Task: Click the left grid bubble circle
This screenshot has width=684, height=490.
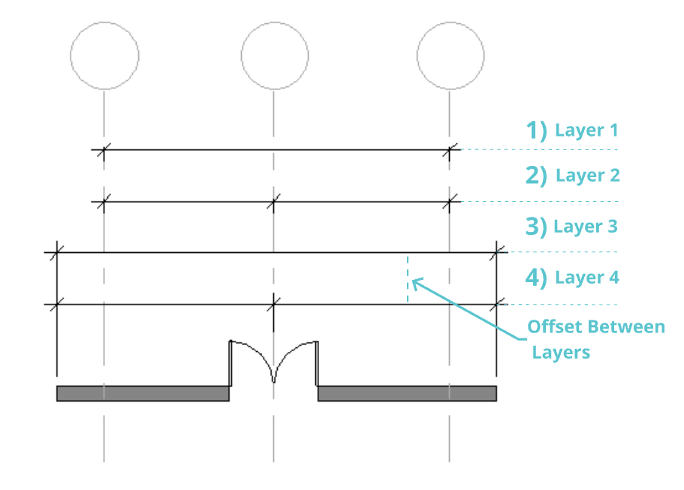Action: pyautogui.click(x=104, y=56)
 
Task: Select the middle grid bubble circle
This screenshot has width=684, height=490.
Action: pyautogui.click(x=274, y=56)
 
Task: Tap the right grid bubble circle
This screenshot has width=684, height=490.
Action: pyautogui.click(x=450, y=56)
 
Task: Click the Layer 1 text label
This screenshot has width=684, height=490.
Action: pyautogui.click(x=586, y=131)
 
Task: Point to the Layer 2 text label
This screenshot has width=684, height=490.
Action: pyautogui.click(x=587, y=176)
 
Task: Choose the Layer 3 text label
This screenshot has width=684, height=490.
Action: pyautogui.click(x=585, y=226)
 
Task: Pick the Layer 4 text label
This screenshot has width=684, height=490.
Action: pyautogui.click(x=586, y=278)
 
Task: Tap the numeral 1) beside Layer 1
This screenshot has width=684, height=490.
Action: pyautogui.click(x=536, y=131)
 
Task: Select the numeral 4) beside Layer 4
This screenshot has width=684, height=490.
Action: pyautogui.click(x=536, y=278)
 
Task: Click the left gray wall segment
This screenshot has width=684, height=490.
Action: pyautogui.click(x=143, y=393)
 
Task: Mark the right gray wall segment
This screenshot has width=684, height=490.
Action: pyautogui.click(x=407, y=393)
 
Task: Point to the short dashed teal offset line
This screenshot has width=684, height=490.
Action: pyautogui.click(x=408, y=278)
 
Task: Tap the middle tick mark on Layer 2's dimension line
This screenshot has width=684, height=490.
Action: pyautogui.click(x=274, y=201)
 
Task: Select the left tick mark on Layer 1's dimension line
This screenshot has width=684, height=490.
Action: pyautogui.click(x=104, y=149)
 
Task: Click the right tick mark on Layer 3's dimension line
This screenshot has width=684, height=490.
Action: pyautogui.click(x=496, y=253)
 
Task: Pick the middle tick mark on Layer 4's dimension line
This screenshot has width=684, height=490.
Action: pyautogui.click(x=274, y=304)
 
